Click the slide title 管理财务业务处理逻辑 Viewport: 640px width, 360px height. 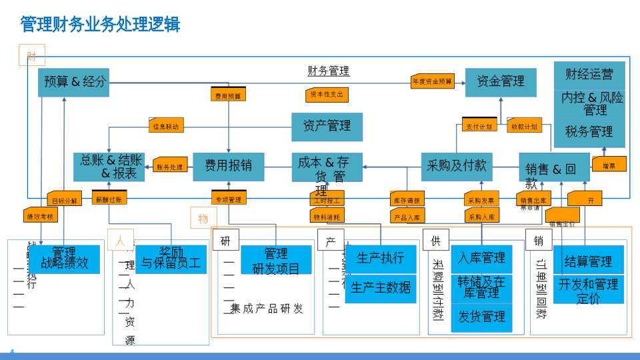tap(101, 25)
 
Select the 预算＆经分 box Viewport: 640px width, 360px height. tap(73, 83)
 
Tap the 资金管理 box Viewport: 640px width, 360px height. tap(500, 82)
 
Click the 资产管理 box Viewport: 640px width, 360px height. tap(327, 126)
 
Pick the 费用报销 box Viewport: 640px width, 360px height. tap(228, 166)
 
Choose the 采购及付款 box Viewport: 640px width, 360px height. tap(457, 166)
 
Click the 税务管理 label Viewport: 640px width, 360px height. tap(589, 131)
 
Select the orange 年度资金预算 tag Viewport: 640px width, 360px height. tap(432, 82)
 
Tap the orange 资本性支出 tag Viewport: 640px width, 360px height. tap(327, 95)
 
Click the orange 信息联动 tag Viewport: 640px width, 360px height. tap(165, 125)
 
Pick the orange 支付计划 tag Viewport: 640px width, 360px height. tap(479, 126)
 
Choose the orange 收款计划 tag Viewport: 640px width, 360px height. tap(524, 126)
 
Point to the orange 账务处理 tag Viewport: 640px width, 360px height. tap(170, 167)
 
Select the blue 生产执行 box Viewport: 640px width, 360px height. tap(380, 259)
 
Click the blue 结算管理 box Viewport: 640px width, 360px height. tap(588, 261)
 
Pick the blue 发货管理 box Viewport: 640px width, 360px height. tap(481, 317)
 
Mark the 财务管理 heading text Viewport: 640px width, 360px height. tap(329, 71)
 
